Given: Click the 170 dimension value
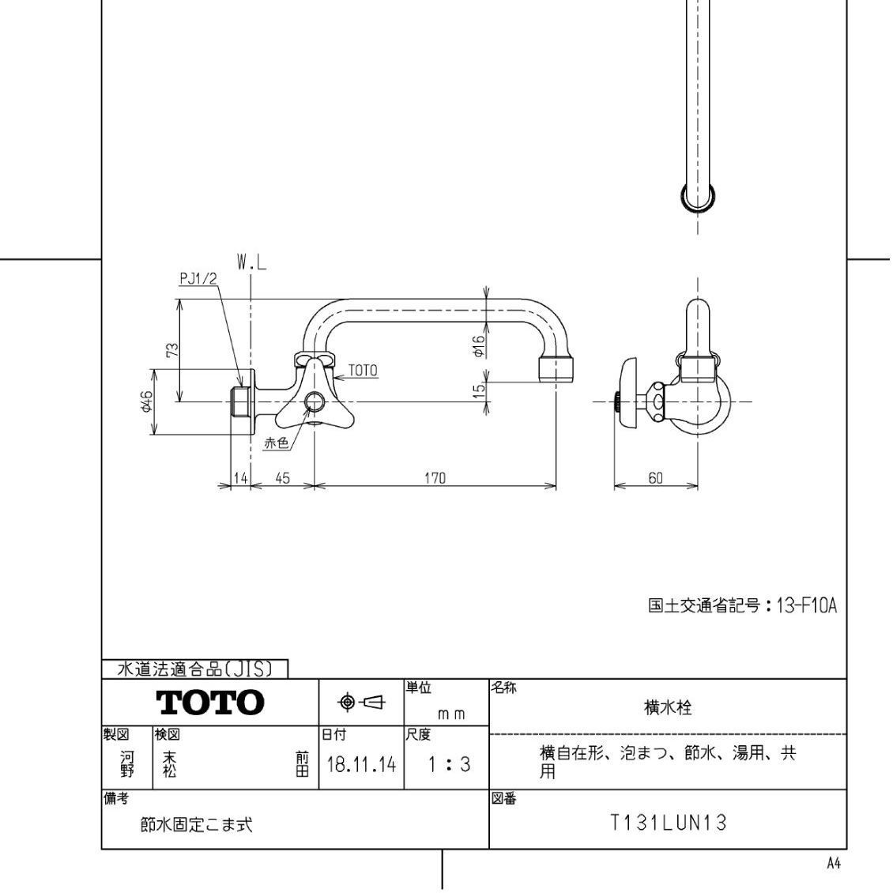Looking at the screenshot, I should coord(435,477).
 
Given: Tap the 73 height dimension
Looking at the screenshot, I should coord(173,350).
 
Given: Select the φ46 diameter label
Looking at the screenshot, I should coord(145,405).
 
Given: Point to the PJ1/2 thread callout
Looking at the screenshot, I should coord(197,278).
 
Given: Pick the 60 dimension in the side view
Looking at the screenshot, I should coord(655,477).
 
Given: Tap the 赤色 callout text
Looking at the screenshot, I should coord(276,443).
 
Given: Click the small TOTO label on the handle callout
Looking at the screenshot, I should coord(363,370).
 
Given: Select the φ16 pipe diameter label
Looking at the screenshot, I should coord(478,346).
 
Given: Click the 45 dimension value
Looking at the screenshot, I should coord(282,477).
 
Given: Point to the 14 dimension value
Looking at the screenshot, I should coord(240,477).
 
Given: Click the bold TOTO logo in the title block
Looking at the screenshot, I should coord(209,702).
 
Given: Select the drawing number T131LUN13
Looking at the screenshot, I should coord(668,823).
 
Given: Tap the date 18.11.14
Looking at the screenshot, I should coord(361,764).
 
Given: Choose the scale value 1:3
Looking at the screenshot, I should coord(448,764).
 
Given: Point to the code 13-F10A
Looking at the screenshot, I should coord(805,606).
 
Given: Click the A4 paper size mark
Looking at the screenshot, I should coord(833,864).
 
